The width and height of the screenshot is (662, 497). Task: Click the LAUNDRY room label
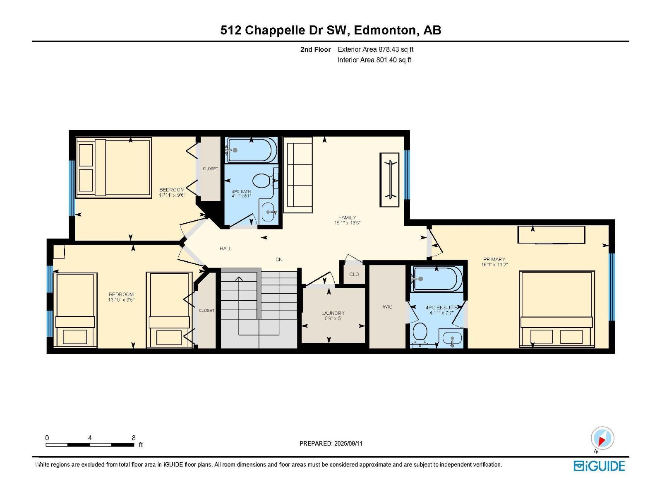click(x=333, y=313)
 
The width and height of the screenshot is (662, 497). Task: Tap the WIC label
click(x=387, y=306)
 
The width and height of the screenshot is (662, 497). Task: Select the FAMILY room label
click(x=347, y=217)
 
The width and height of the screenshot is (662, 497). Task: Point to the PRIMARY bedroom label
click(x=494, y=259)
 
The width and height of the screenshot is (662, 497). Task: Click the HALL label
click(x=225, y=248)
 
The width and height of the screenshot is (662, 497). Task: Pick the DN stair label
click(x=279, y=259)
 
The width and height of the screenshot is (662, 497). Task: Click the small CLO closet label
click(x=354, y=274)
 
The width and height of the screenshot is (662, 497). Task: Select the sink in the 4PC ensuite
click(x=452, y=339)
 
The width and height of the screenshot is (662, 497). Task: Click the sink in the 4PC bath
click(x=268, y=212)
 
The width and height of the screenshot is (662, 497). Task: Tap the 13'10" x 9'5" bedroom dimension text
click(x=121, y=299)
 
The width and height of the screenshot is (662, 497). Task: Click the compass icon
click(x=602, y=438)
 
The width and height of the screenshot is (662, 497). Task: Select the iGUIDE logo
click(x=599, y=466)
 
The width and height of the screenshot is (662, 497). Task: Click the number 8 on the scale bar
click(x=134, y=437)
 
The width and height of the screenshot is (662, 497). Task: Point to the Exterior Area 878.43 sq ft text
click(x=376, y=49)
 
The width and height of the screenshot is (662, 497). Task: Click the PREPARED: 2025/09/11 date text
click(x=331, y=443)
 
